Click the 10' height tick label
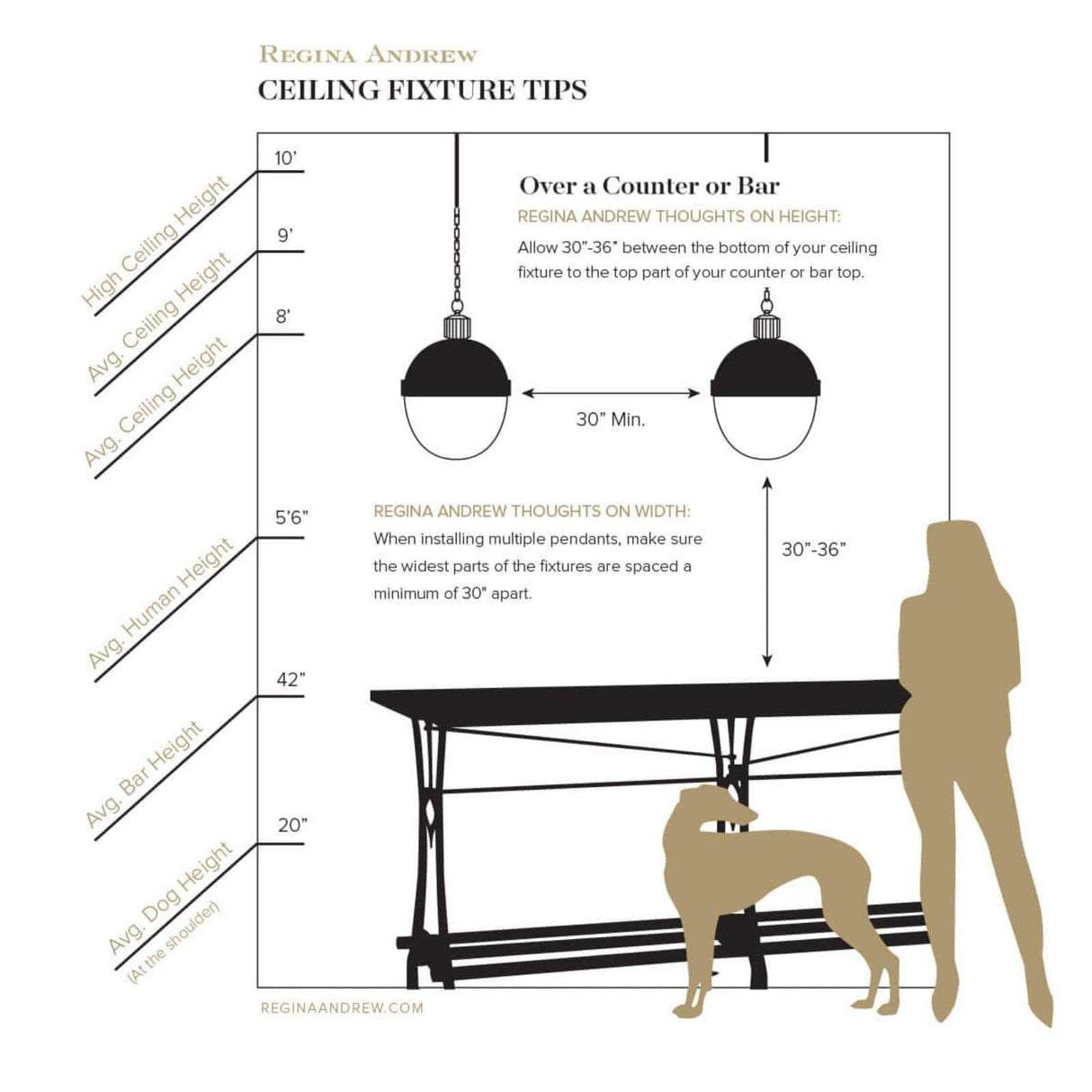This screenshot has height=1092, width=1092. [x=285, y=159]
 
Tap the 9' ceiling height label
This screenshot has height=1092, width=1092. [x=285, y=236]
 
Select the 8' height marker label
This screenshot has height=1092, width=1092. [x=284, y=318]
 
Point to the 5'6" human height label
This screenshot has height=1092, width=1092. [x=291, y=518]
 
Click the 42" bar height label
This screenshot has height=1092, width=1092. [x=291, y=680]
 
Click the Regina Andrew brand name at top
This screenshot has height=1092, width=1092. [x=368, y=55]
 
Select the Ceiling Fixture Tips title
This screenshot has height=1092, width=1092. [x=422, y=91]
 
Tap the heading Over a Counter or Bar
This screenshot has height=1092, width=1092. [x=649, y=186]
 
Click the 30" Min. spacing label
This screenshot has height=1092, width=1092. [x=611, y=419]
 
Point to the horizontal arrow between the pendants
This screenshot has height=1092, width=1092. [x=611, y=393]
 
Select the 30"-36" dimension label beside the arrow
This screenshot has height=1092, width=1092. [x=813, y=550]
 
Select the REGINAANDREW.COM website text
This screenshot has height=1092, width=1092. [x=342, y=1008]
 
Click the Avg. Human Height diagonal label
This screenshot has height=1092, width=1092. [x=160, y=604]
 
